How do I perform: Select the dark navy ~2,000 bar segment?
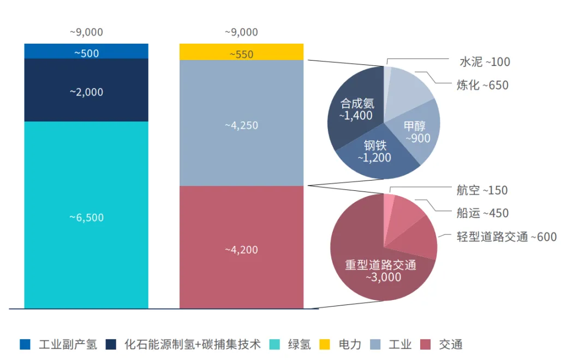86,92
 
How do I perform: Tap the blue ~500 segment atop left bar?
86,52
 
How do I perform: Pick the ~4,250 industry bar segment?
241,125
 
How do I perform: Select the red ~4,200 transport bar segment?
241,250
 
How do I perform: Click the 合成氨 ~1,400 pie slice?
355,109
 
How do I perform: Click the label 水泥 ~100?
484,62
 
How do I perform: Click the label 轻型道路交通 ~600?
506,237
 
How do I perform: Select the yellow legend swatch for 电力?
325,344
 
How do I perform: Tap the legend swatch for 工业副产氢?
25,344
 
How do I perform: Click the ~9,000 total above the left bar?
86,32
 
